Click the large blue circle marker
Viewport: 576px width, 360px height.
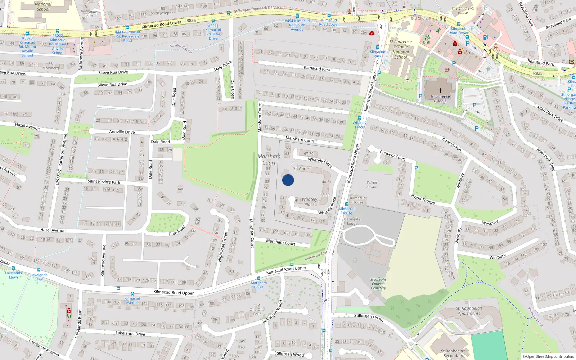(288, 180)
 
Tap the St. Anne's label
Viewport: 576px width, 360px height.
(302, 168)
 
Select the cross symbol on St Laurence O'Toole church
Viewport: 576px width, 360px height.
(440, 91)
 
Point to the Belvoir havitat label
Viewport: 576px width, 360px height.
(372, 185)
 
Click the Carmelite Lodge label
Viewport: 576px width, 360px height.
(352, 221)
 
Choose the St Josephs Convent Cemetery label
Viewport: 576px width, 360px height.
(378, 284)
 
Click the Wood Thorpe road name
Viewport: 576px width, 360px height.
(423, 199)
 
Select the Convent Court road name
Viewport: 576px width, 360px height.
(393, 156)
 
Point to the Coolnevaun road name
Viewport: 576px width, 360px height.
(452, 145)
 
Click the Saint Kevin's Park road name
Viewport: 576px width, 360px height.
(104, 182)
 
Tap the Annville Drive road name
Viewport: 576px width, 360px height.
(122, 132)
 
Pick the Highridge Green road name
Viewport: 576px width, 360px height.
(222, 247)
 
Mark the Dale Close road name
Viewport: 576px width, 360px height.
(232, 89)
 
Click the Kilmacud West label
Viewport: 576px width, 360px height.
(181, 48)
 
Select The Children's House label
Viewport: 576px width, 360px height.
(463, 10)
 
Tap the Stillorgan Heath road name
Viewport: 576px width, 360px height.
(369, 317)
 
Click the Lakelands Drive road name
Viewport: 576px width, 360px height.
(130, 333)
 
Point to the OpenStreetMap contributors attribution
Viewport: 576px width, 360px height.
(548, 356)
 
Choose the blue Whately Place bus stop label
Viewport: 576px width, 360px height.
(359, 125)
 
